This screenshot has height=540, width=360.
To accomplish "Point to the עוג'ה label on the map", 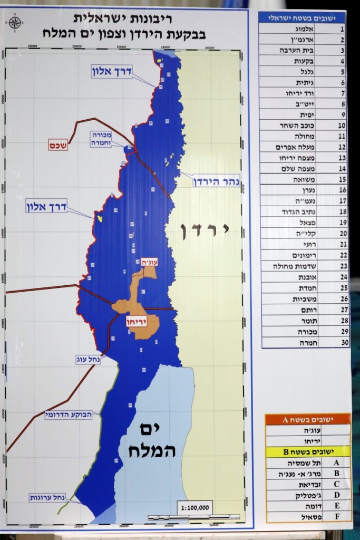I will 146,262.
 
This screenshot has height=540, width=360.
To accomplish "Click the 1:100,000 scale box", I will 195,507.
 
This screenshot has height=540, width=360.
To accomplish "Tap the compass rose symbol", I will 15,23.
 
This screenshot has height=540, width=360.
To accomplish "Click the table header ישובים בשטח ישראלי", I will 305,17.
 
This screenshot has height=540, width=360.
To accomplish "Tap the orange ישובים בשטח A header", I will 307,420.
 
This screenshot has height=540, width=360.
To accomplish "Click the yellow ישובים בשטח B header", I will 307,451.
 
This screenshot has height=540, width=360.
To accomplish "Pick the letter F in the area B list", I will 336,516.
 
